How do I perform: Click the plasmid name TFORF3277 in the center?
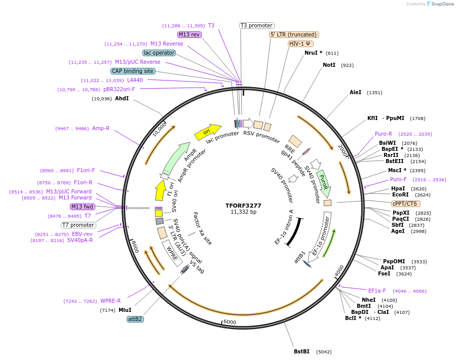pos(243,206)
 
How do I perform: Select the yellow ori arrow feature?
pos(208,133)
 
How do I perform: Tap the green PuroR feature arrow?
pos(324,184)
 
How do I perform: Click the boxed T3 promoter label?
pos(256,25)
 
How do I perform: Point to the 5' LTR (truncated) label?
pos(294,34)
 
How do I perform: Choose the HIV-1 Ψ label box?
pos(300,44)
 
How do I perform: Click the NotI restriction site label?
pos(329,65)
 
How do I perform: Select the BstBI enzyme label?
pos(301,351)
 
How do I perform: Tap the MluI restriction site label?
pos(125,310)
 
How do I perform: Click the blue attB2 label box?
pos(135,319)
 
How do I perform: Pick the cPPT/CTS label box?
pos(404,204)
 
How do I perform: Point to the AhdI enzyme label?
pos(122,98)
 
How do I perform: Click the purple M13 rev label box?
pos(189,34)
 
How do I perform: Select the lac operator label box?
pos(159,53)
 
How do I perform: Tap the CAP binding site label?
pos(133,71)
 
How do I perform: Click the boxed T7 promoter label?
pos(79,225)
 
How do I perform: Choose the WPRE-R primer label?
pos(110,301)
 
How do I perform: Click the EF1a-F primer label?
pos(377,291)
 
